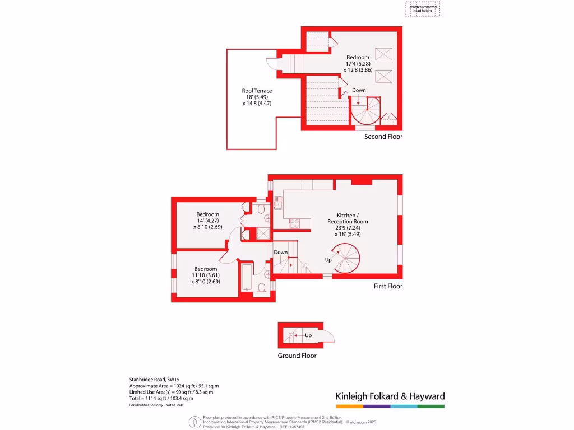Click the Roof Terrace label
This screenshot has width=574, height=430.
click(x=257, y=91)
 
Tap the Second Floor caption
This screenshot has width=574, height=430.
click(x=383, y=137)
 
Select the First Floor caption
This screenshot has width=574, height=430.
click(x=388, y=286)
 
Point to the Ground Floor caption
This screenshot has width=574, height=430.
click(x=297, y=356)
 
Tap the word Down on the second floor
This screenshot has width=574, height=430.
click(x=359, y=90)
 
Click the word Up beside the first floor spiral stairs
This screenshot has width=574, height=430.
click(x=328, y=260)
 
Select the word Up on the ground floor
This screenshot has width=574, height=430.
click(x=308, y=335)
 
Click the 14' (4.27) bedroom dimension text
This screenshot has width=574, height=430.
click(x=207, y=221)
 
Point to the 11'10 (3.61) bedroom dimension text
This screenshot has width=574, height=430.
click(x=205, y=275)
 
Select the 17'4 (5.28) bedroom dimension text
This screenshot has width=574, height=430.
click(x=358, y=64)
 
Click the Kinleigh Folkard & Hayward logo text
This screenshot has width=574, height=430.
click(x=390, y=396)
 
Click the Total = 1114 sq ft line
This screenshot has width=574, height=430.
click(x=161, y=398)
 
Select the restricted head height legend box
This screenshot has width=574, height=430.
click(x=423, y=8)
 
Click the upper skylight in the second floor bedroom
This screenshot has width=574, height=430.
click(x=384, y=54)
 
